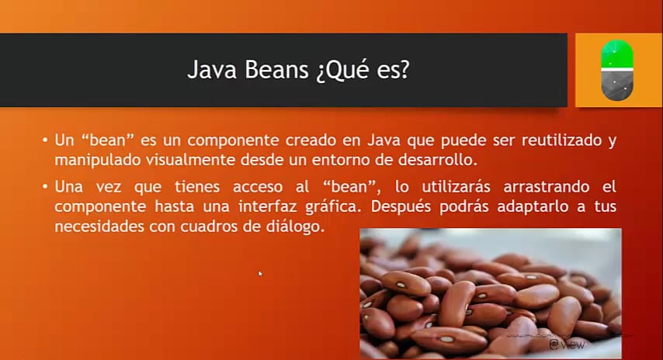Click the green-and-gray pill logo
tap(618, 71)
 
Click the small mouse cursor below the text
tap(259, 273)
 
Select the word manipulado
tap(96, 161)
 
